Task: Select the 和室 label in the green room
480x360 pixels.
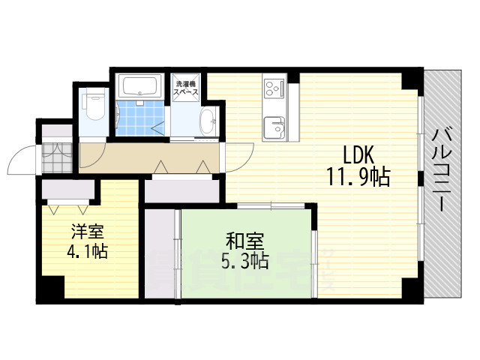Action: (x=245, y=241)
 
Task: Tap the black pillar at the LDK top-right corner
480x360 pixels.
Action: (x=410, y=77)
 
